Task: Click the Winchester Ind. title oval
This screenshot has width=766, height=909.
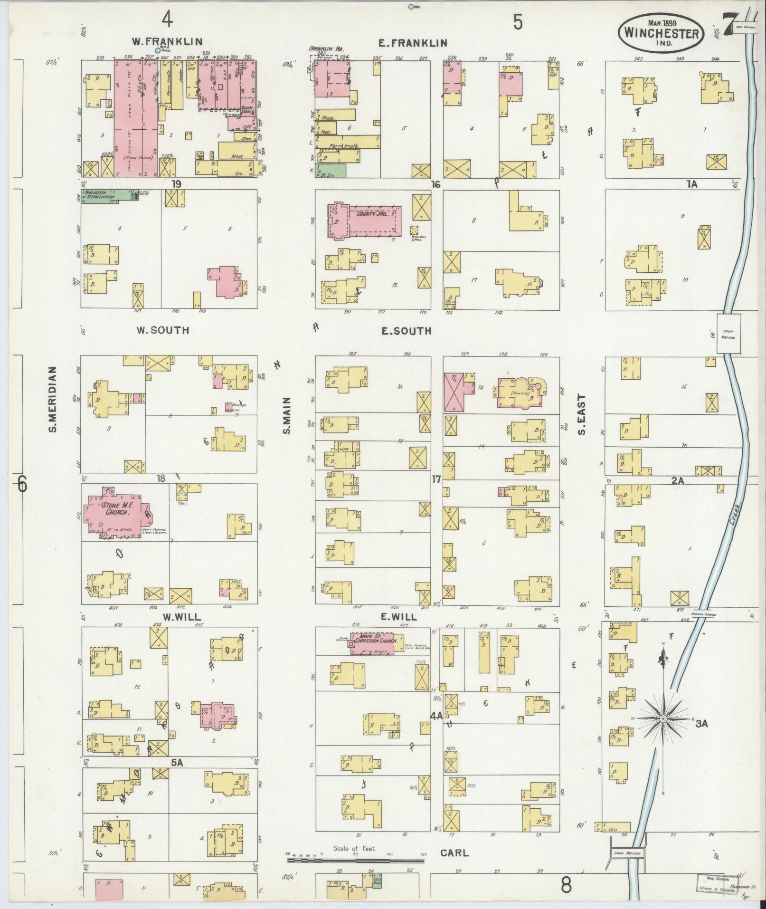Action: click(x=661, y=33)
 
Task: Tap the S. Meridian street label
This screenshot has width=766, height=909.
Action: click(x=52, y=400)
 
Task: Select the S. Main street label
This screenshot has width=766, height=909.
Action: click(x=286, y=416)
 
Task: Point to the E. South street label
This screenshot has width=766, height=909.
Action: click(x=406, y=331)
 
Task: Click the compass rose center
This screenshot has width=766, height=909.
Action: click(x=662, y=733)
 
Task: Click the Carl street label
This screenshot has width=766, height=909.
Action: click(x=454, y=852)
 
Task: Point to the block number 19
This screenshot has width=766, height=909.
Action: click(x=177, y=184)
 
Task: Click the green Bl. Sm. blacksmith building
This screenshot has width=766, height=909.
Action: click(x=331, y=171)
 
